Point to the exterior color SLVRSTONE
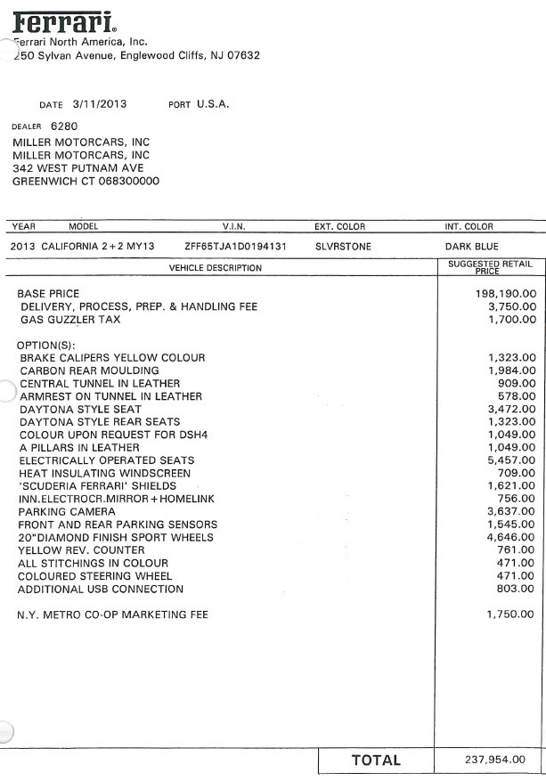pos(343,246)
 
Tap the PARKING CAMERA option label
pos(68,512)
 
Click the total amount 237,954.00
pos(495,761)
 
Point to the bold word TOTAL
pos(376,761)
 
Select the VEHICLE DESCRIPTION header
pos(216,267)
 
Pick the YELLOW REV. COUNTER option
pos(75,550)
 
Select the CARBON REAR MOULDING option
pos(89,370)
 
